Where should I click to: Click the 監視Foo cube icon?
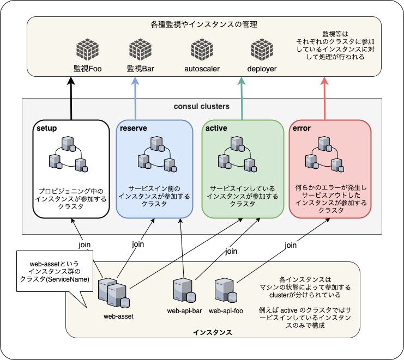pos(87,51)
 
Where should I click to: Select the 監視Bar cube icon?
pos(140,51)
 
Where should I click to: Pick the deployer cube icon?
pos(262,51)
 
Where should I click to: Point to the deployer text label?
pos(262,69)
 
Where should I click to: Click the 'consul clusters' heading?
pos(201,106)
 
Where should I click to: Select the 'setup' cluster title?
pos(47,129)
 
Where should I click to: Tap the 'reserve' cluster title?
pos(134,129)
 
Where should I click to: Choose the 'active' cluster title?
pos(216,129)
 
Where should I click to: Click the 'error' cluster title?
pos(302,129)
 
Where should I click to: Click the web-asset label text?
pos(118,316)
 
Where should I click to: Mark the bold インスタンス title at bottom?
pos(213,332)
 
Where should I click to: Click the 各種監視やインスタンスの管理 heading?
pos(204,25)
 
